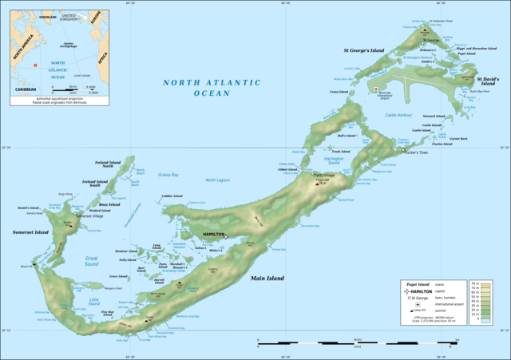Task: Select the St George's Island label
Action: (x=364, y=50)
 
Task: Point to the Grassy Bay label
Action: (x=168, y=174)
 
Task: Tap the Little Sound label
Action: (x=94, y=301)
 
